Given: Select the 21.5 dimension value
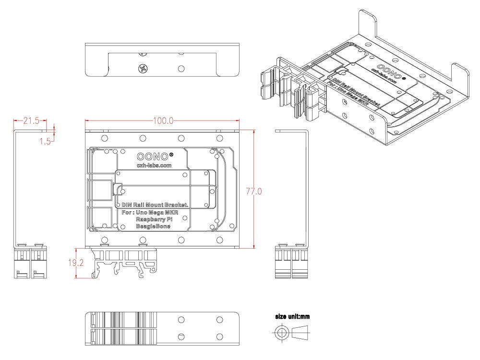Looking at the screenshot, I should point(29,121).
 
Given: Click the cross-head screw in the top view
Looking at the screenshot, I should point(143,68).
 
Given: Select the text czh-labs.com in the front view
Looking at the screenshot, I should point(154,166).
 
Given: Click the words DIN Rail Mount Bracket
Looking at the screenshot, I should point(155,205).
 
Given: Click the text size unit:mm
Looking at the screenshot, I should point(293,317).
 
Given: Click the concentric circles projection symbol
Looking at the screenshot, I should point(282,333).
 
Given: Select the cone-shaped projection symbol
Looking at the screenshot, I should point(300,332).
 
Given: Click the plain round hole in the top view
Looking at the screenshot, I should point(181,68).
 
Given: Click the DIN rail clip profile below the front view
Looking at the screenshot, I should point(124,264).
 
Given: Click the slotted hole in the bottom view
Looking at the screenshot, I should point(181,336).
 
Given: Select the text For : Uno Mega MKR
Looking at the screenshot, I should point(149,212).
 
